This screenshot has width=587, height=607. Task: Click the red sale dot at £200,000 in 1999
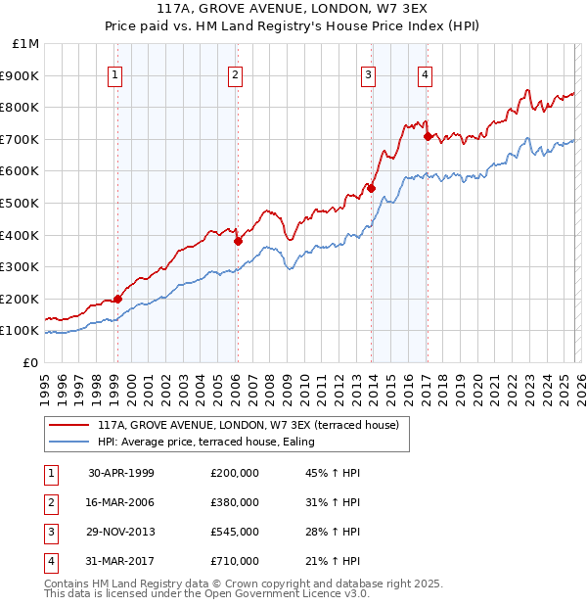(118, 299)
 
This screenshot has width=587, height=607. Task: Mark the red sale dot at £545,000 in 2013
(371, 188)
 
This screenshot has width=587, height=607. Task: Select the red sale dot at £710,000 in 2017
(428, 136)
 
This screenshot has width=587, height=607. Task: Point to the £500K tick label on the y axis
(21, 204)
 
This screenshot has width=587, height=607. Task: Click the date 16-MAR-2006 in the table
(121, 502)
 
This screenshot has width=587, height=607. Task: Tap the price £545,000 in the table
(234, 532)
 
